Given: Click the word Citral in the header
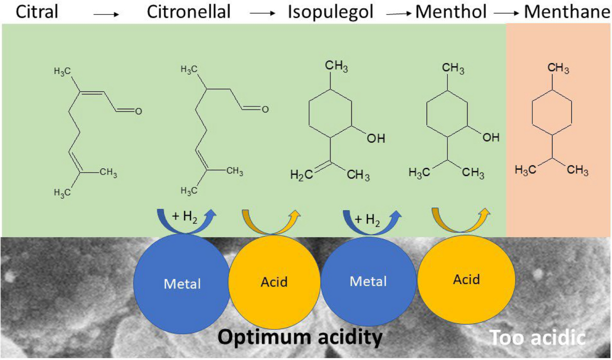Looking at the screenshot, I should (x=37, y=12).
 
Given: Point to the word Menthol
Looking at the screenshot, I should (x=449, y=12).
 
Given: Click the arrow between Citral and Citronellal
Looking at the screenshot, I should (x=107, y=15).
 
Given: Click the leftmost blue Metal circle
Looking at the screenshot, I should (x=182, y=283).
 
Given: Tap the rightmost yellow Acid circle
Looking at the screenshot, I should (x=467, y=279).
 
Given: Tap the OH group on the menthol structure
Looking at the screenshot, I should (x=491, y=137).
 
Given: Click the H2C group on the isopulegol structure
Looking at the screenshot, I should (x=300, y=175).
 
